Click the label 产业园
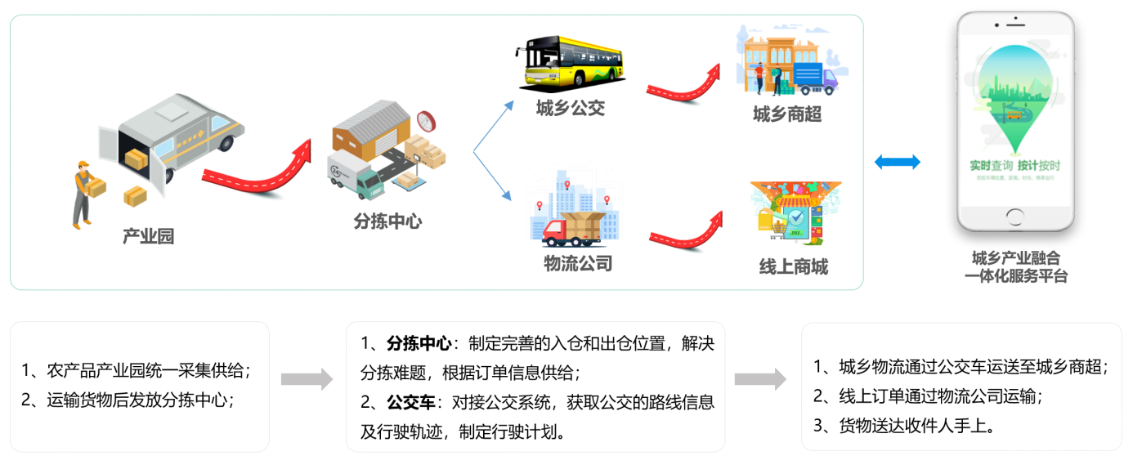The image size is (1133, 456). coord(148,237)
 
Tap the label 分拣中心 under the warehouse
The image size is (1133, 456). coord(387,221)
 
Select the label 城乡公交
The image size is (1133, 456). coord(571,108)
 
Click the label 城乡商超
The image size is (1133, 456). coord(787,114)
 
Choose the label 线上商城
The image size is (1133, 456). coord(793,267)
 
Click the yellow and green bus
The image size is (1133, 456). coord(569,62)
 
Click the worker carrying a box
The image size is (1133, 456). coord(84,192)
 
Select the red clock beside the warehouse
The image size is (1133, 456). coord(426,121)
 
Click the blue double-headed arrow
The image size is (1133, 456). coord(897,162)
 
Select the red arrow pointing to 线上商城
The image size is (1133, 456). coord(686,232)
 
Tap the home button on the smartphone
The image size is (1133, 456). coord(1014,217)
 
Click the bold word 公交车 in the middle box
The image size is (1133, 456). coord(411,402)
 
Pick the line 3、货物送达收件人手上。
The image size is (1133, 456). coord(903,425)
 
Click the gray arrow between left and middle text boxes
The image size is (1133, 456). coord(307,379)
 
